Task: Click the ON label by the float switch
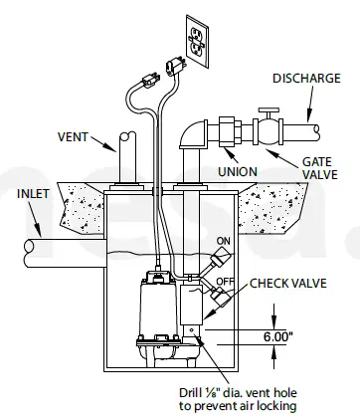[223, 240]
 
